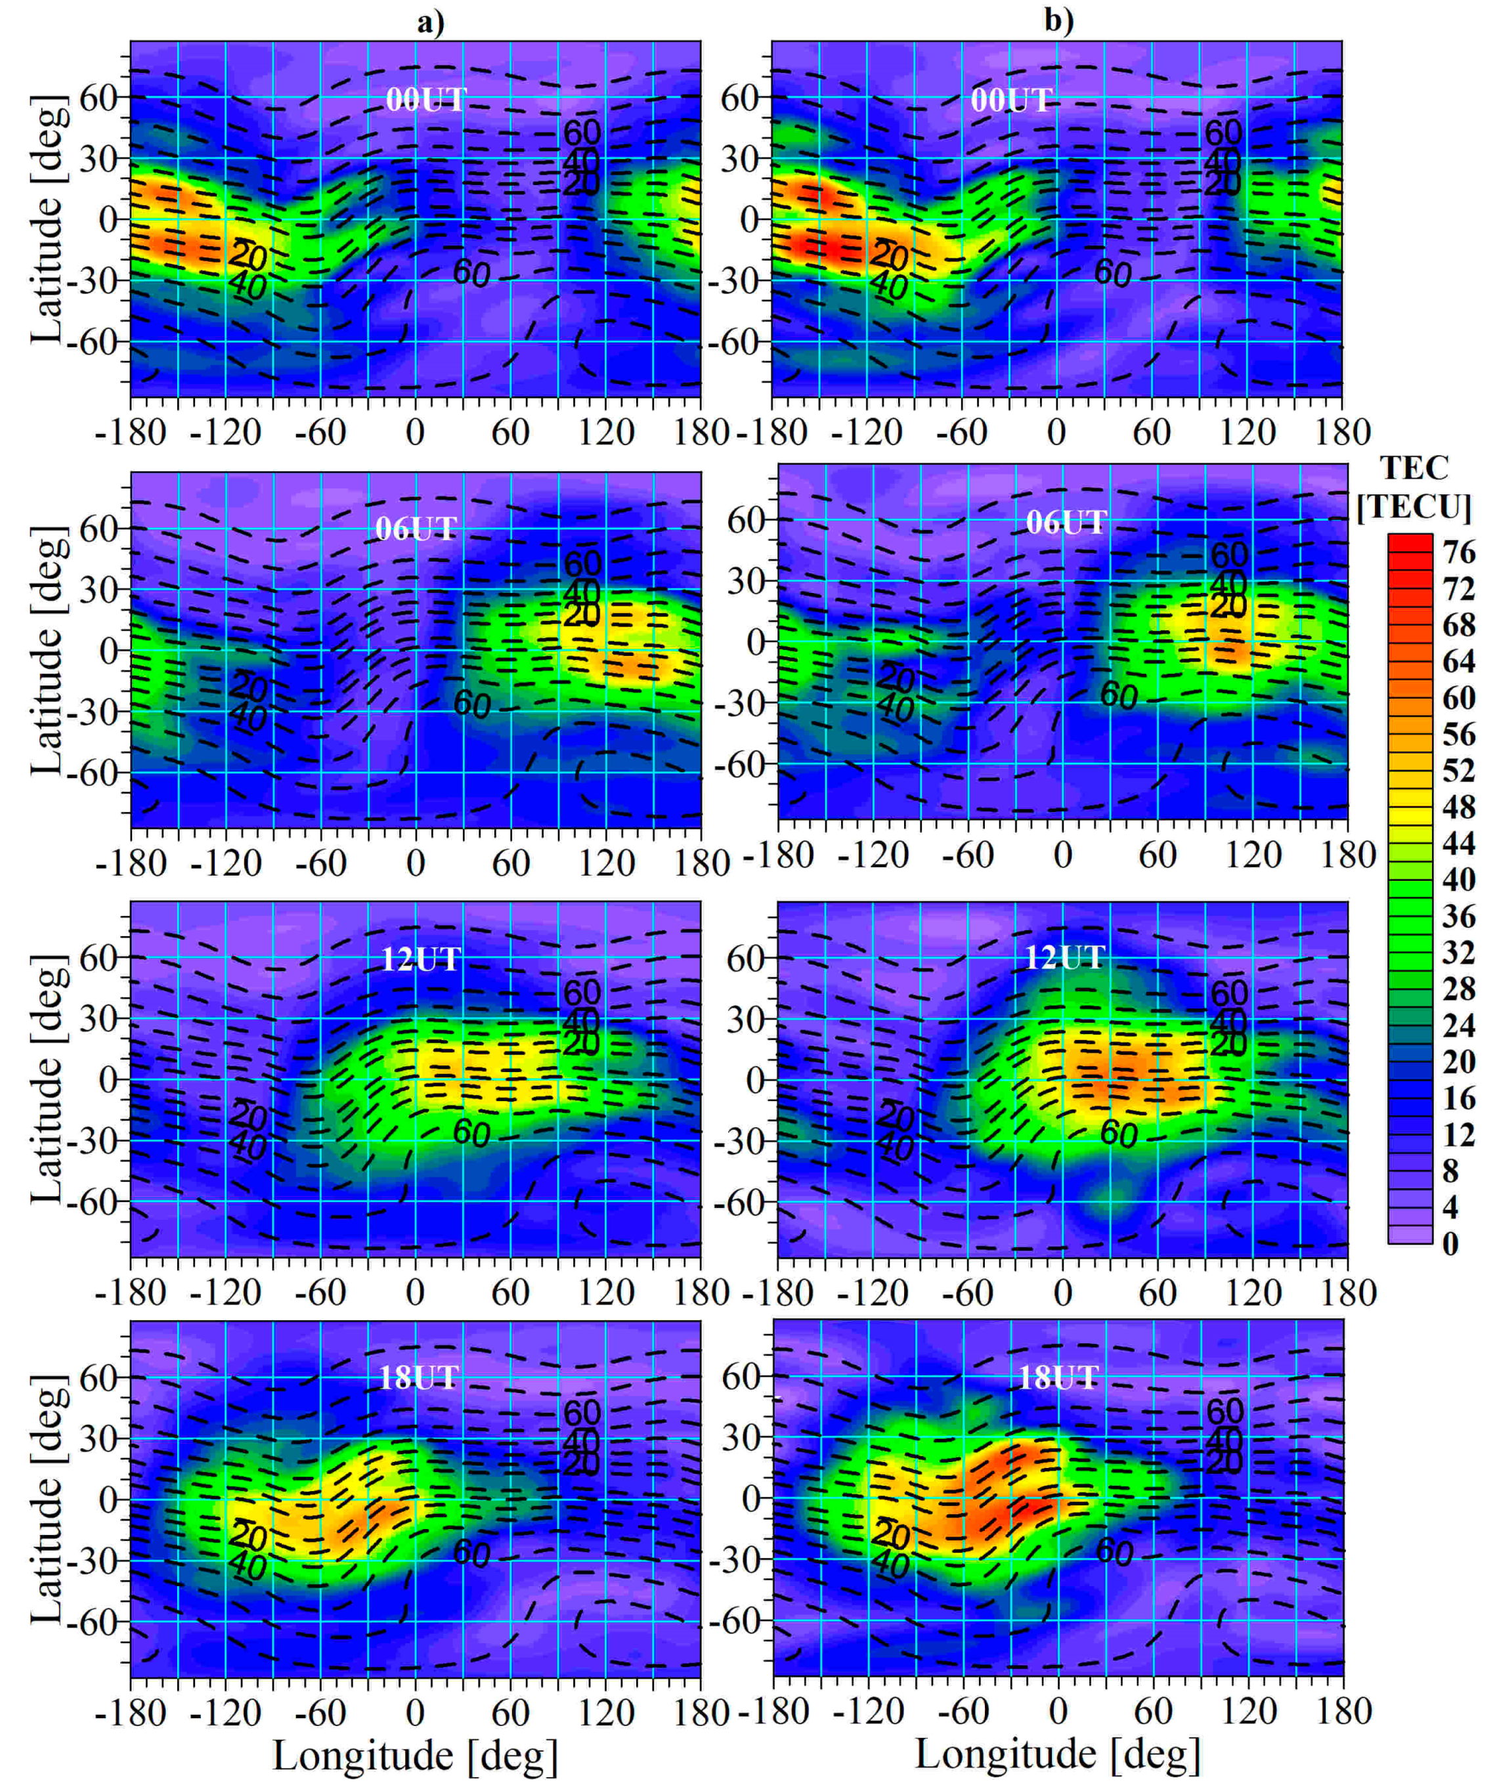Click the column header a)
click(x=430, y=21)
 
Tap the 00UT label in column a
click(x=425, y=100)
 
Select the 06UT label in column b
click(x=1066, y=522)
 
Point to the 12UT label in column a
click(x=420, y=959)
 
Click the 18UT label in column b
click(x=1058, y=1377)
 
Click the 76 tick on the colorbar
click(x=1459, y=551)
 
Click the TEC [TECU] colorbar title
click(x=1414, y=487)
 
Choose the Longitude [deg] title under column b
click(x=1058, y=1754)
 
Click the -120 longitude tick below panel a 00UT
click(x=225, y=433)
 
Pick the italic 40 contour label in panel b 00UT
click(x=889, y=286)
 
